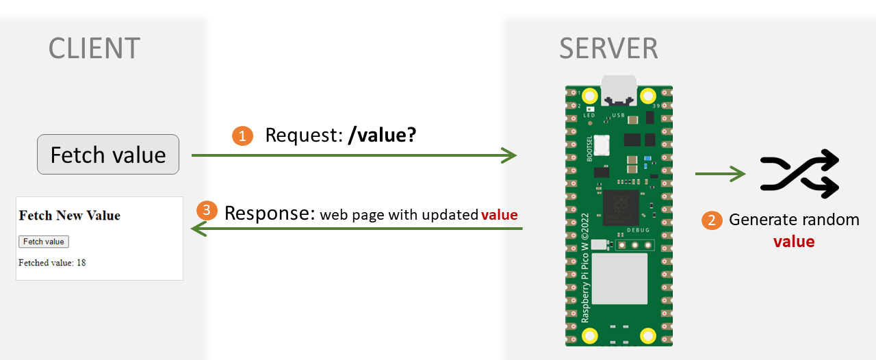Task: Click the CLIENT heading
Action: [x=94, y=49]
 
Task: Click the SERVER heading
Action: [x=608, y=49]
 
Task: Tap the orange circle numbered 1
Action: [x=242, y=136]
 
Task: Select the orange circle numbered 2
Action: [x=712, y=220]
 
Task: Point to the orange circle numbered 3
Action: [x=207, y=210]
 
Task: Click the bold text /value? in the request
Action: [x=382, y=136]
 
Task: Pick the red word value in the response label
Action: [x=500, y=215]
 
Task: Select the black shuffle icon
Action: [x=799, y=174]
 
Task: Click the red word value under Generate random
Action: [x=794, y=242]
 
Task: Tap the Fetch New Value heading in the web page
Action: [x=70, y=216]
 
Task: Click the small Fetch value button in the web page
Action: [x=44, y=242]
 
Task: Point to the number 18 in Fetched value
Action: [x=81, y=263]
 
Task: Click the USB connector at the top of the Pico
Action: [x=619, y=90]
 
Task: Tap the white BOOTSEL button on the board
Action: [x=602, y=146]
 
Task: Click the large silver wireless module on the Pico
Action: [x=619, y=279]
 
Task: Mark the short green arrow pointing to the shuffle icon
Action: [x=720, y=174]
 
